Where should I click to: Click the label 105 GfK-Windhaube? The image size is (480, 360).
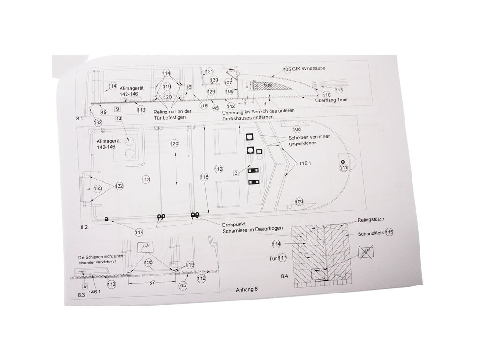(x=304, y=68)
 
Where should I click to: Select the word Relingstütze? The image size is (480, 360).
(x=371, y=219)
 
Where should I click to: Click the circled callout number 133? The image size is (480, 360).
(x=97, y=189)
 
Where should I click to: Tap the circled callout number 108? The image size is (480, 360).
(x=296, y=129)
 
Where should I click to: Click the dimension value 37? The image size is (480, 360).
(x=152, y=283)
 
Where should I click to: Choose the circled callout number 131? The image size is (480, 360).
(x=209, y=72)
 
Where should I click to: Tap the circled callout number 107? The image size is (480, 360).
(x=228, y=82)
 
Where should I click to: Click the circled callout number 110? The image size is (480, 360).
(x=326, y=95)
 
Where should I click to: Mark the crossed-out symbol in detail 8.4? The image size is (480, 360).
(x=366, y=254)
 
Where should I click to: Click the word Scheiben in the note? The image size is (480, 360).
(x=295, y=139)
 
